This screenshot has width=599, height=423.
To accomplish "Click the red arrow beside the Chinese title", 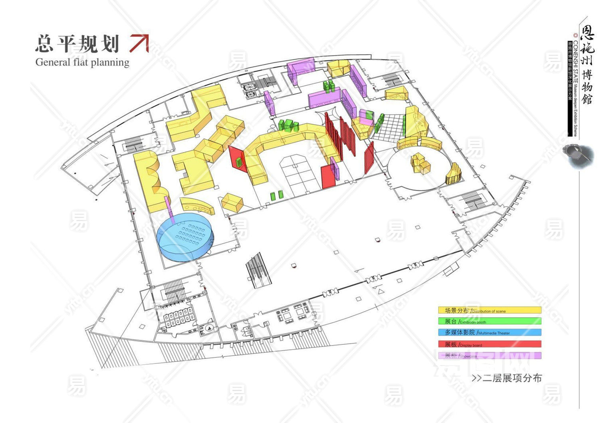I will [x=139, y=43].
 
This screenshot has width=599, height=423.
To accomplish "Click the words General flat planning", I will [x=82, y=62].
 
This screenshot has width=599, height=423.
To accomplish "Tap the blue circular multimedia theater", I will [x=186, y=237].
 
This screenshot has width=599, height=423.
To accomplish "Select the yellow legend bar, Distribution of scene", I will [x=490, y=310].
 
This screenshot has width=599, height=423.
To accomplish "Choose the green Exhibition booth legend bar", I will [x=490, y=321].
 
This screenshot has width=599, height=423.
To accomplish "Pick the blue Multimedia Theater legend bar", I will [x=490, y=332].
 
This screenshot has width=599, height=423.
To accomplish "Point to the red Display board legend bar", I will [x=490, y=344].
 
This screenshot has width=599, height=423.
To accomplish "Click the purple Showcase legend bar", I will [x=490, y=355].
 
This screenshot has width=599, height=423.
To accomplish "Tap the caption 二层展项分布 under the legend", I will [x=507, y=378].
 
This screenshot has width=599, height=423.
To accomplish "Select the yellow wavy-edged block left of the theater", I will [x=151, y=182].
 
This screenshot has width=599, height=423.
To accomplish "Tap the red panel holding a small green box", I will [x=238, y=159].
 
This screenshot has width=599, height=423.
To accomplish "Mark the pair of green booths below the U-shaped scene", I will [x=276, y=195].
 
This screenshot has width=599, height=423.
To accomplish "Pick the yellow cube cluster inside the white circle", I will [x=420, y=163].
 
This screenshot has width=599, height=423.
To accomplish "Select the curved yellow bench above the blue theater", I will [x=196, y=205].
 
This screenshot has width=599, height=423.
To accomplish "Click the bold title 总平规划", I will [x=77, y=44].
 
